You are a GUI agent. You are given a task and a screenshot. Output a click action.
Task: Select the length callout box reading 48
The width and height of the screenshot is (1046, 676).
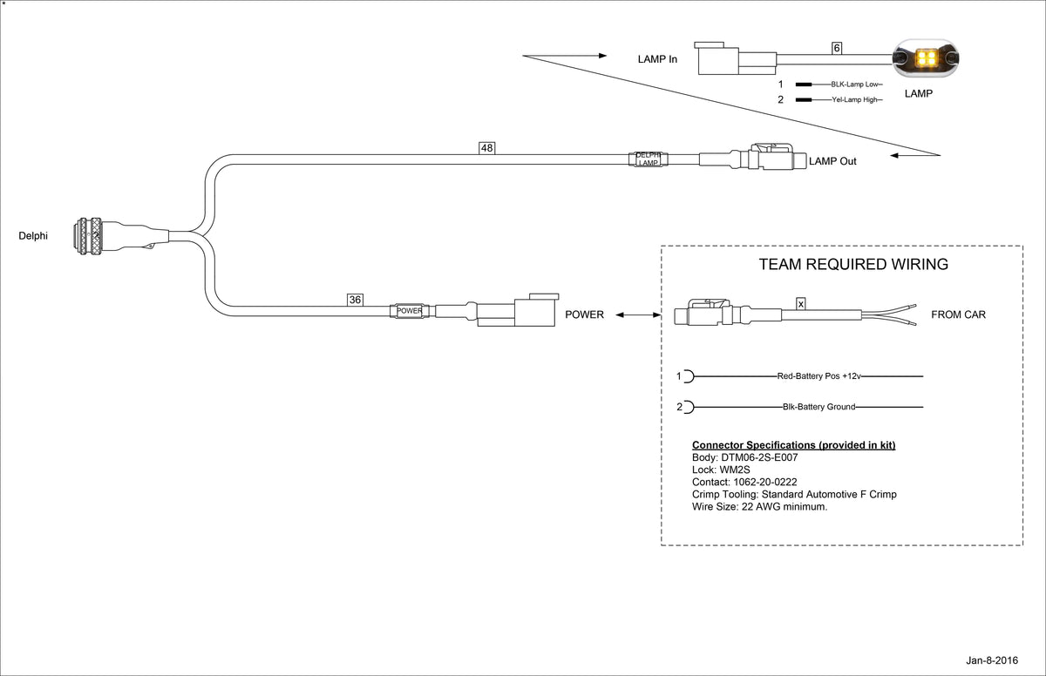tap(487, 148)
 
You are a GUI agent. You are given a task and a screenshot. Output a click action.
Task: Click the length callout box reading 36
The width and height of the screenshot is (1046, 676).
tap(355, 300)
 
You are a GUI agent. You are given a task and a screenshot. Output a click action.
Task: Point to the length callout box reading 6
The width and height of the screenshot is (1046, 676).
tap(837, 49)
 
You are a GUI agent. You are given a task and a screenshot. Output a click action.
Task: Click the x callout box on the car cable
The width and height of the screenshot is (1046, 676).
tap(801, 303)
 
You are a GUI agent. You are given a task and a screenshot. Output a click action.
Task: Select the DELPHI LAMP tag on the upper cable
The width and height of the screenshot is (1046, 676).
tap(648, 159)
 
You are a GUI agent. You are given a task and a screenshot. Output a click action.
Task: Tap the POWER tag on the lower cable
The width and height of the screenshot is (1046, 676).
tap(409, 311)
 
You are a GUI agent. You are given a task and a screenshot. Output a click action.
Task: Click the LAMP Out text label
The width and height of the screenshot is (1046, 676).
tap(832, 161)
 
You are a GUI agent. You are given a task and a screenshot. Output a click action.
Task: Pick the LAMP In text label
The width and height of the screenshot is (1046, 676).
tap(657, 59)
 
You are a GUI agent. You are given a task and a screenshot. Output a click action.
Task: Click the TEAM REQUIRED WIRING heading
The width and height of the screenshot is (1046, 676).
tap(853, 265)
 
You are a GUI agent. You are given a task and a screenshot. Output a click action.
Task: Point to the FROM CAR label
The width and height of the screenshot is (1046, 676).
tap(958, 314)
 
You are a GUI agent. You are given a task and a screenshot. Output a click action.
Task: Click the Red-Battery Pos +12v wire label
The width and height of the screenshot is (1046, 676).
tap(818, 376)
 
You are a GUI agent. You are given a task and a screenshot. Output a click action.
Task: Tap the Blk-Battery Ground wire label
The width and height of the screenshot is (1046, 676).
tap(818, 407)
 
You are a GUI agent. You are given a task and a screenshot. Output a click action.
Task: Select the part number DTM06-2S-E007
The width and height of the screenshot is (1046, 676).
tap(757, 457)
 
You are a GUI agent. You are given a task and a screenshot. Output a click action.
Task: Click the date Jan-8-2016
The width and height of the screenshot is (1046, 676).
tap(991, 661)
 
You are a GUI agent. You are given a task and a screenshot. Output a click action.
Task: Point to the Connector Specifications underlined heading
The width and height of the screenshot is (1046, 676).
tap(793, 445)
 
